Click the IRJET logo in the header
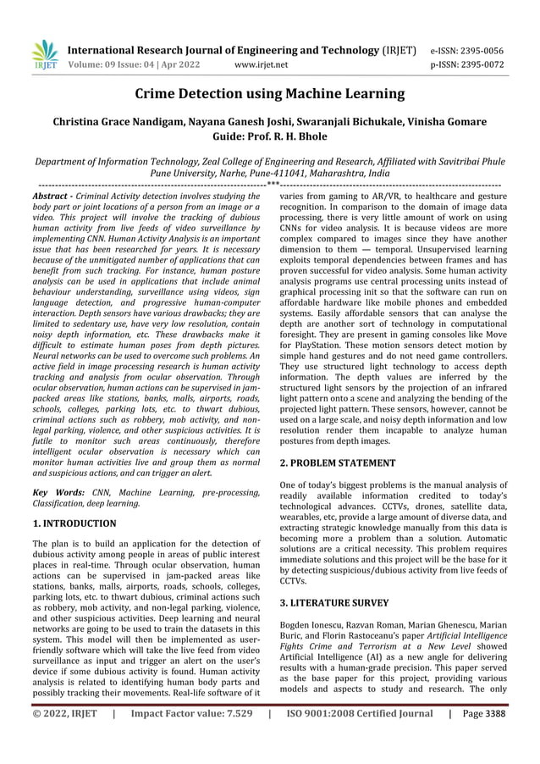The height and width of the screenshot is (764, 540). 43,55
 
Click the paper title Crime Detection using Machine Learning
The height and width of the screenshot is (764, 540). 270,94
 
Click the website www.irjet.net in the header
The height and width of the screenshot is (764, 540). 261,64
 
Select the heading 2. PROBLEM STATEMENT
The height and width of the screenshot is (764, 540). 337,463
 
